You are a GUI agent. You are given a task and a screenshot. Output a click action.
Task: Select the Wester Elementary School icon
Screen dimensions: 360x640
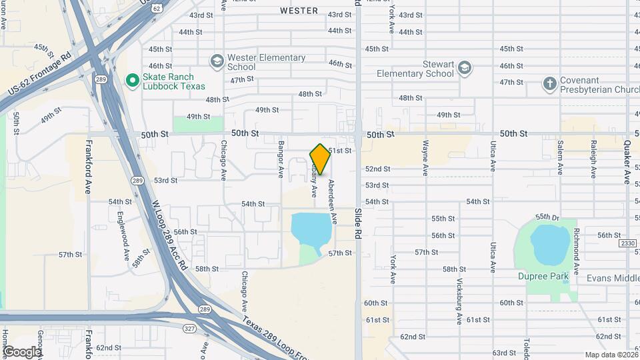pos(217,61)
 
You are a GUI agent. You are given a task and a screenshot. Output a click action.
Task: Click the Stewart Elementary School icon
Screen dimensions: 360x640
pos(465,67)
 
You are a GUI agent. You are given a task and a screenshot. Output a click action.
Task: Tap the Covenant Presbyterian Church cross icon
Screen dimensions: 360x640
pos(549,83)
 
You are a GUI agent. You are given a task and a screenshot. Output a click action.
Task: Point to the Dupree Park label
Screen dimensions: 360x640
pos(543,276)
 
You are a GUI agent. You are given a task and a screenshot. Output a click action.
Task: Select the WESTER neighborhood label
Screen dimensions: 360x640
pos(299,11)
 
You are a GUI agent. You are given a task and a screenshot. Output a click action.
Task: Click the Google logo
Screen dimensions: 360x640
pos(21,351)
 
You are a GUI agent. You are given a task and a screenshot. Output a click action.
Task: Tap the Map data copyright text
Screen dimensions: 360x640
pos(611,355)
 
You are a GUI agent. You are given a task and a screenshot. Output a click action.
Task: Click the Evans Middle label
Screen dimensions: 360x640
pos(613,278)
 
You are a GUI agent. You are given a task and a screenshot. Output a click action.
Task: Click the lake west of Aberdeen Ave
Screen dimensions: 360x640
pos(310,229)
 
